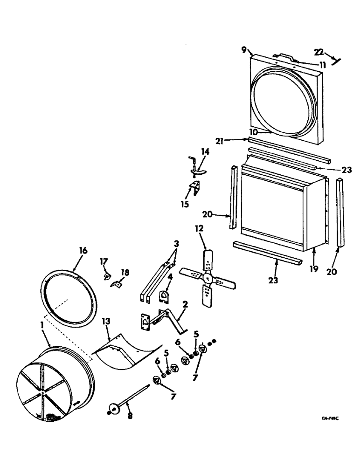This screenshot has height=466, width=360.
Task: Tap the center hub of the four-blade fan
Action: (208, 278)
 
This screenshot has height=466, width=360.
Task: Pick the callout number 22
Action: (332, 52)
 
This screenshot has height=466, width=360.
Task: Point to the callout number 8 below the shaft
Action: (130, 414)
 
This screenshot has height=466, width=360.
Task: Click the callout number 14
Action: (206, 152)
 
